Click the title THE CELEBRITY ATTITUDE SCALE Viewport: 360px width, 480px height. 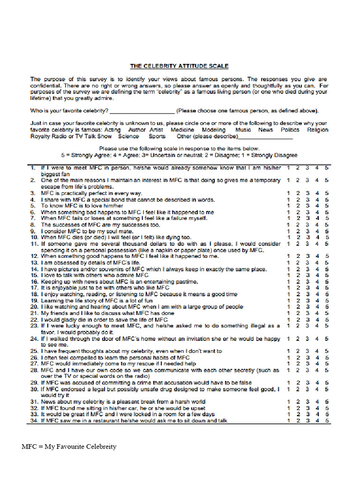(x=180, y=66)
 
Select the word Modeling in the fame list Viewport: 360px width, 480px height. (x=213, y=130)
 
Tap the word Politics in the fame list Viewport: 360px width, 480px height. (x=290, y=130)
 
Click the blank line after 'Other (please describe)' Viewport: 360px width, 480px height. (x=266, y=137)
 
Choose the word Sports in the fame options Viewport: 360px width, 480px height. (x=157, y=136)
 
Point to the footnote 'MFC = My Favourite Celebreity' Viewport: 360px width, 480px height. (x=69, y=446)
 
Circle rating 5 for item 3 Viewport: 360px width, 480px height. (x=327, y=193)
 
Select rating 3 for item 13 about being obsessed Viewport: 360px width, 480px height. (x=307, y=262)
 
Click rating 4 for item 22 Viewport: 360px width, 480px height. (x=317, y=319)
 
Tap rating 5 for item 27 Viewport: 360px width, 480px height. (x=327, y=363)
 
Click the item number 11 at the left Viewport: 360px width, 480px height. (x=34, y=244)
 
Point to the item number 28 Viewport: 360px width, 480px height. (x=34, y=370)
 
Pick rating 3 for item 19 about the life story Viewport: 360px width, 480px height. (x=307, y=300)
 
